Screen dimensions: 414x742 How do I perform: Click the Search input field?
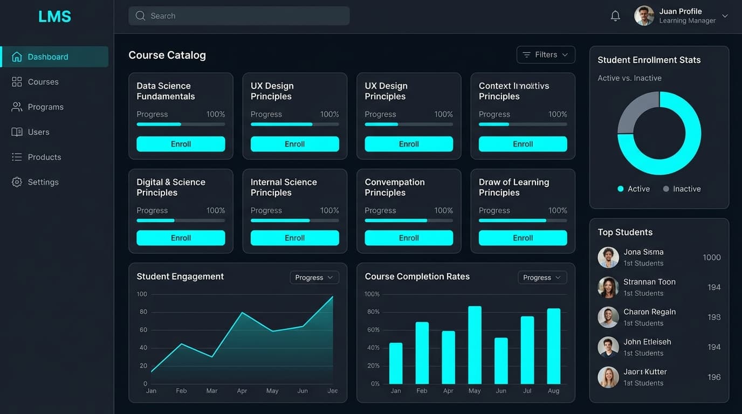[x=239, y=16]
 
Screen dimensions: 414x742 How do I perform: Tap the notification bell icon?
[x=615, y=16]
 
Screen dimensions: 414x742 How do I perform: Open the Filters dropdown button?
[x=546, y=54]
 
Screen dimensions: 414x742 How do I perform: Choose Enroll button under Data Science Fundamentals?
[x=181, y=144]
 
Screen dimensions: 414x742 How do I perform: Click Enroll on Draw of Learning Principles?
[x=523, y=238]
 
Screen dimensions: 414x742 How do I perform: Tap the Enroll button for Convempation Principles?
[x=409, y=238]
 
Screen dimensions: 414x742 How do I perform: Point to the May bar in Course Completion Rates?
[x=475, y=345]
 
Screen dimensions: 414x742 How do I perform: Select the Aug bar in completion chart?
[x=554, y=346]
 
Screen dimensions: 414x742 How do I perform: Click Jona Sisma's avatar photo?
[x=608, y=258]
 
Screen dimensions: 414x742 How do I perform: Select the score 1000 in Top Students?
[x=711, y=258]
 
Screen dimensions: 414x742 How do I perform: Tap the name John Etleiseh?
[x=647, y=342]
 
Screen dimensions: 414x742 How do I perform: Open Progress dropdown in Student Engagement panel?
[x=314, y=277]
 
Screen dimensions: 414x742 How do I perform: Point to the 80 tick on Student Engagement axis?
[x=143, y=312]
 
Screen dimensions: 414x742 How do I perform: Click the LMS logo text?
[x=54, y=17]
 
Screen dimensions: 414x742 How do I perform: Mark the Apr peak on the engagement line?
[x=242, y=313]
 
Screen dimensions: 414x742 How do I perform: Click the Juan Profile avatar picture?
[x=644, y=16]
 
